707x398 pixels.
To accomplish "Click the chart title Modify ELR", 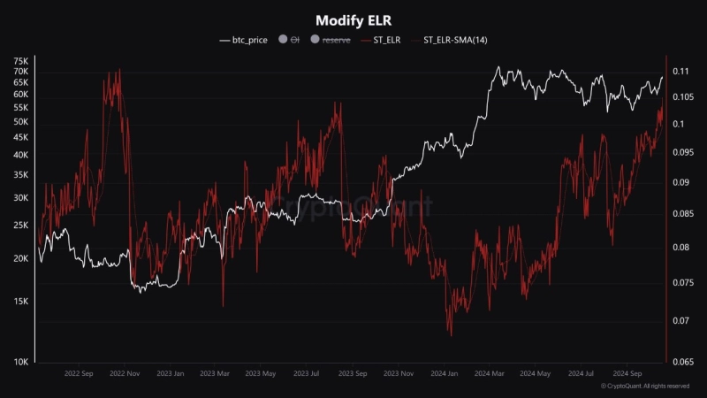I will coord(353,19).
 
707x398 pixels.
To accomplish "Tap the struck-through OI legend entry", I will coord(288,40).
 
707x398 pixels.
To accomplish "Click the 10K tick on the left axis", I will coord(20,362).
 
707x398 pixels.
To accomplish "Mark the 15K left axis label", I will coord(20,301).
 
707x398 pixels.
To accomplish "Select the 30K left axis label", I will coord(20,198).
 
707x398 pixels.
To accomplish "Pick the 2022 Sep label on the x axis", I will coord(79,374).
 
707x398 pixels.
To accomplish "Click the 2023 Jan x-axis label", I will coord(171,374).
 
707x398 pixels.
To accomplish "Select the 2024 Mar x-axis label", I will coord(490,374).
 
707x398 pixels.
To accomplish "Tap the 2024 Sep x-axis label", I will coord(629,374).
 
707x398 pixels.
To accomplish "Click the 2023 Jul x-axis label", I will coord(307,374).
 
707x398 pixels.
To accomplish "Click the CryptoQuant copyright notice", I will coord(645,387).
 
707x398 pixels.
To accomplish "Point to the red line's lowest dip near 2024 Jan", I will coord(450,335).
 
